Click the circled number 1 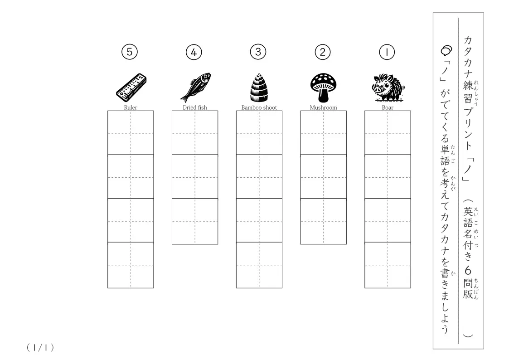(x=387, y=52)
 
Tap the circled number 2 (x=322, y=52)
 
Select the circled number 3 (x=258, y=52)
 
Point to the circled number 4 (x=194, y=52)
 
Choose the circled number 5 (x=130, y=52)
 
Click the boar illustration (x=388, y=88)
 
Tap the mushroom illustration (x=323, y=88)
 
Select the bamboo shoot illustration (x=259, y=88)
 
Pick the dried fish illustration (x=195, y=88)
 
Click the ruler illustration (x=131, y=88)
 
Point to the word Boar (x=388, y=107)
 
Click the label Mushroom (x=323, y=107)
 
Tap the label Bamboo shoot (x=259, y=107)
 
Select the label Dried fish (x=195, y=107)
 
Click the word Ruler (x=131, y=107)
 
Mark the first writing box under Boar (x=388, y=133)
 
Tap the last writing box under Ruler (x=131, y=265)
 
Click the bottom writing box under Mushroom (x=323, y=221)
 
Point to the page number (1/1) (x=40, y=348)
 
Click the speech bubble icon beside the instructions (x=446, y=51)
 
